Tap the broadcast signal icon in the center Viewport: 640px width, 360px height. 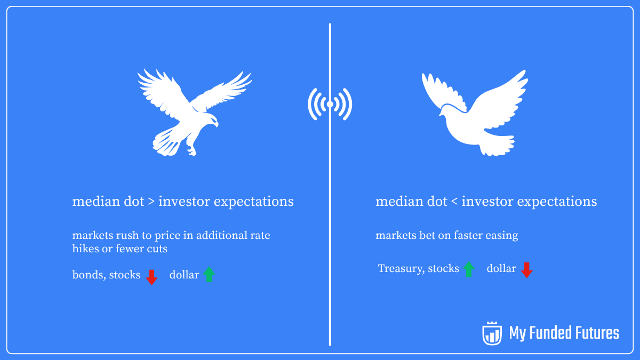330,104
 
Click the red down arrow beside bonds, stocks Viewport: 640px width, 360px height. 152,277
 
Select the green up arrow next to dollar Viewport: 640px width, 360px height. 209,275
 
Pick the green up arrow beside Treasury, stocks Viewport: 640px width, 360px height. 469,269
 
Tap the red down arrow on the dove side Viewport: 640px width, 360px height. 526,270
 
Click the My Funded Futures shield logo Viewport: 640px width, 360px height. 492,333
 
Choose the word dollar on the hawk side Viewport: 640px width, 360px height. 184,275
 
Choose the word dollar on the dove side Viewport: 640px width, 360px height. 501,269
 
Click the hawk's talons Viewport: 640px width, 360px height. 191,148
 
